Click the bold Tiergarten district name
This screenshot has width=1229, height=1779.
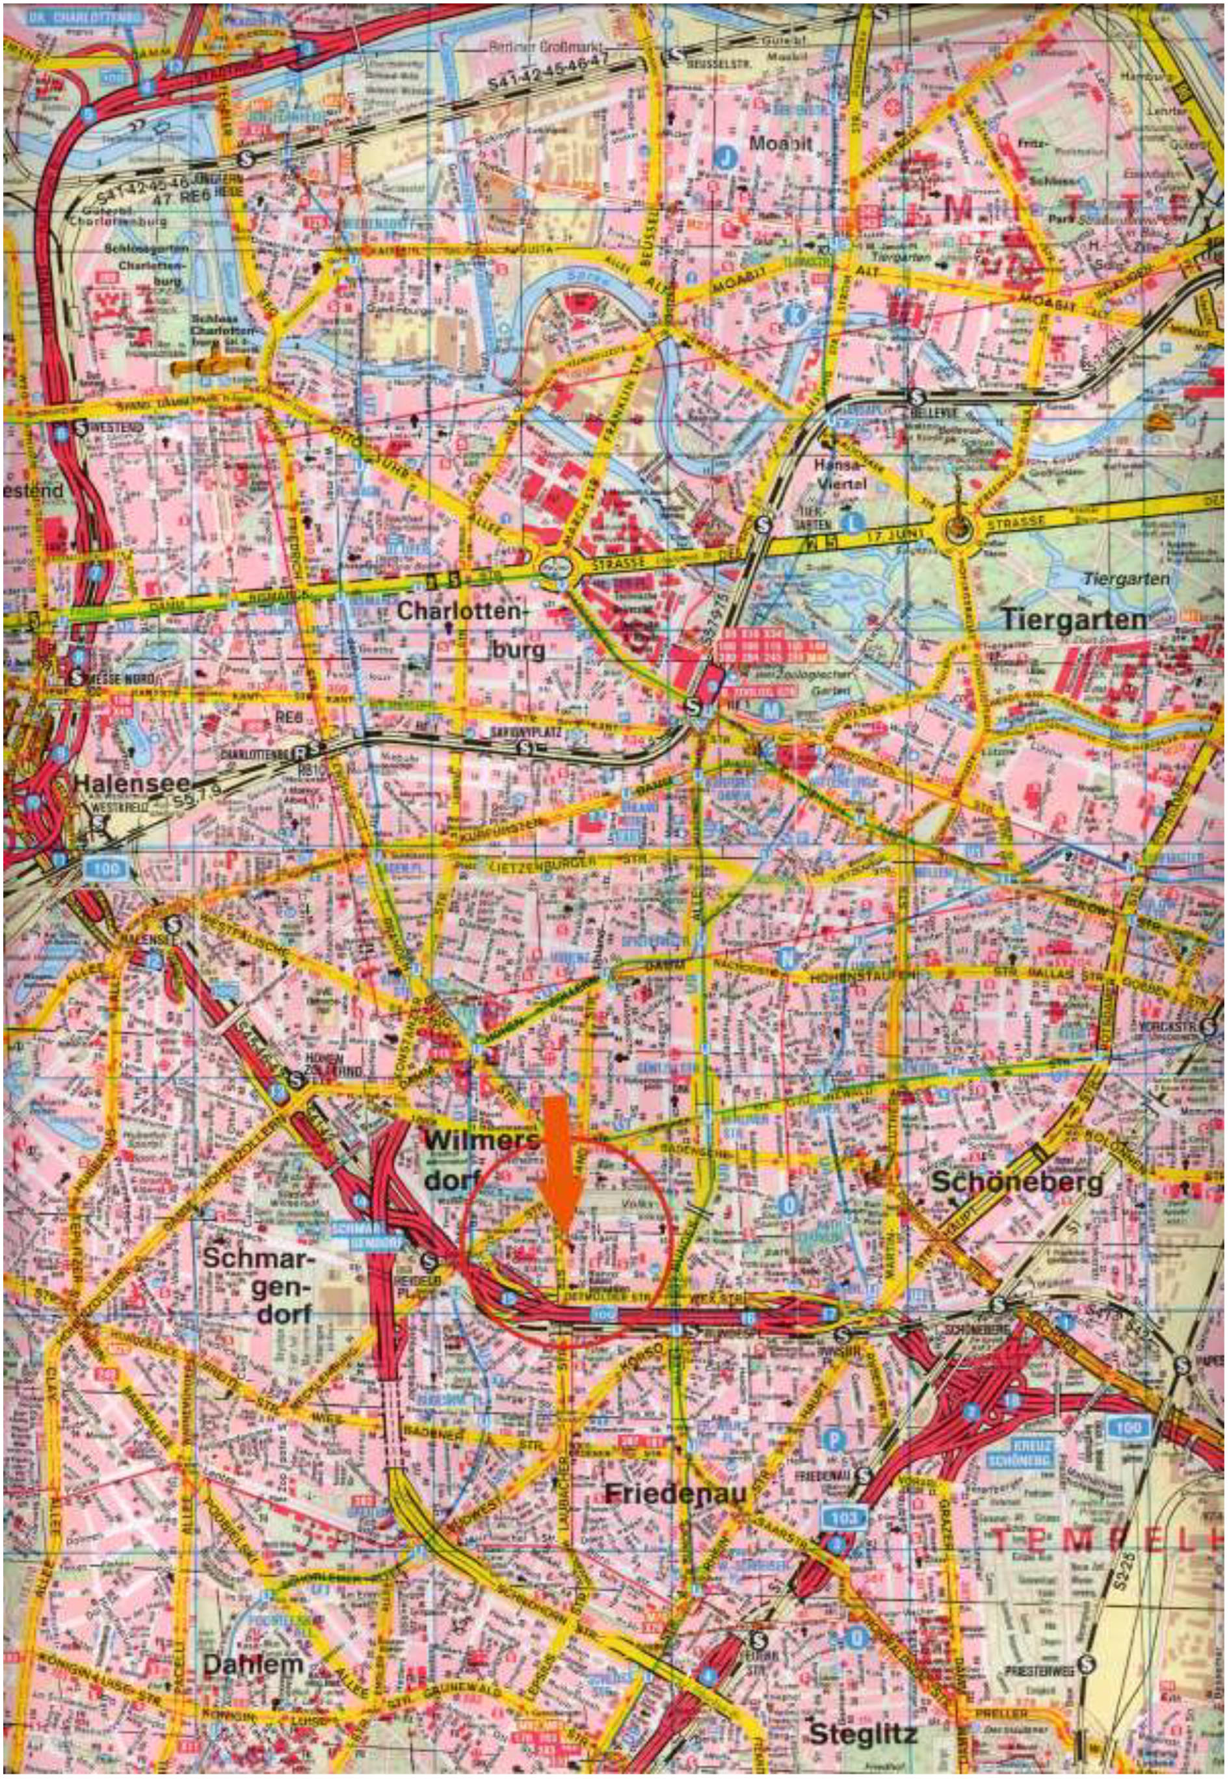(x=1074, y=620)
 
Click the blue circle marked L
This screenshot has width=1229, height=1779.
(x=850, y=521)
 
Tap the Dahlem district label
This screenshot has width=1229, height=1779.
(x=252, y=1663)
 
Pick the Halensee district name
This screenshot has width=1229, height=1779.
(x=131, y=783)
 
